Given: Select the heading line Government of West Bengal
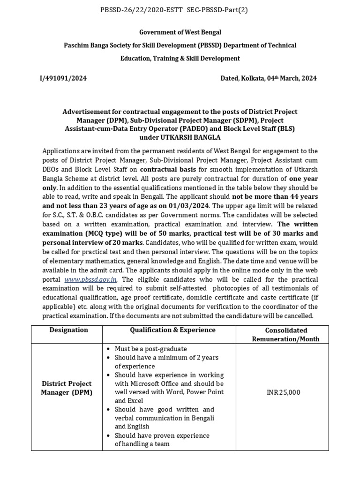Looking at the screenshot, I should [180, 32].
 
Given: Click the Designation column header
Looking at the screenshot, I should [69, 330].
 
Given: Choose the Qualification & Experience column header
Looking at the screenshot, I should [172, 330].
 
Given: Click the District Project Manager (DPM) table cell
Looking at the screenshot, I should [69, 388].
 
